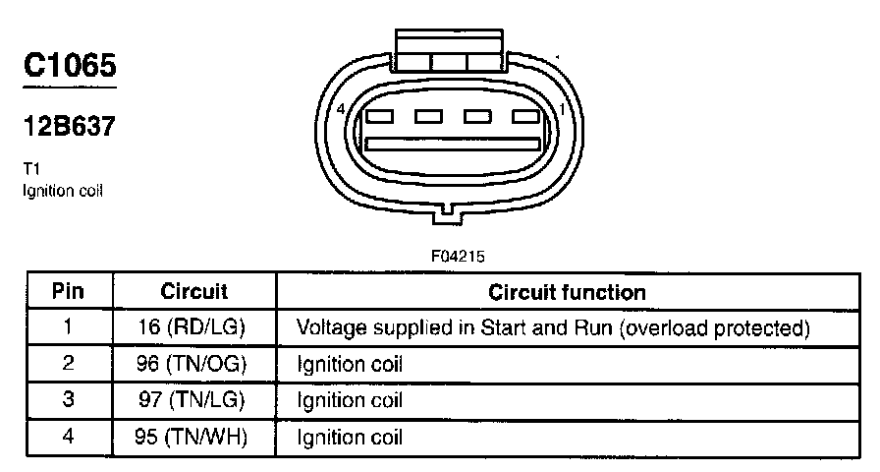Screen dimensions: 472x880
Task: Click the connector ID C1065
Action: pos(70,66)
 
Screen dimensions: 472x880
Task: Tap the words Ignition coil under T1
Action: pos(62,190)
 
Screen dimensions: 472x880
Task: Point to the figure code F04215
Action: pos(458,256)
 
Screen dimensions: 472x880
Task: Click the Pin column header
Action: pos(67,292)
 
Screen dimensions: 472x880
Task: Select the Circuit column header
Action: pos(193,292)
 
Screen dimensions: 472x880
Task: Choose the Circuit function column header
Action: pos(567,292)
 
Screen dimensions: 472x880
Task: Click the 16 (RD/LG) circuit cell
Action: pos(193,327)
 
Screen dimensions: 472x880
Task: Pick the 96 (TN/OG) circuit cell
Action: pos(193,364)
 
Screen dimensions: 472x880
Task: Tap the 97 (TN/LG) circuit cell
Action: pos(193,400)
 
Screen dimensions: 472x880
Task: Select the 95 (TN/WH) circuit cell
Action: pos(193,436)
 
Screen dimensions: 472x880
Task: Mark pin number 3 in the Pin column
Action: pos(68,400)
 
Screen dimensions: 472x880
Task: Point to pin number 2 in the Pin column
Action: pos(68,364)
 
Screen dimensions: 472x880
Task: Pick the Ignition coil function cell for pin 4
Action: pos(350,436)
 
